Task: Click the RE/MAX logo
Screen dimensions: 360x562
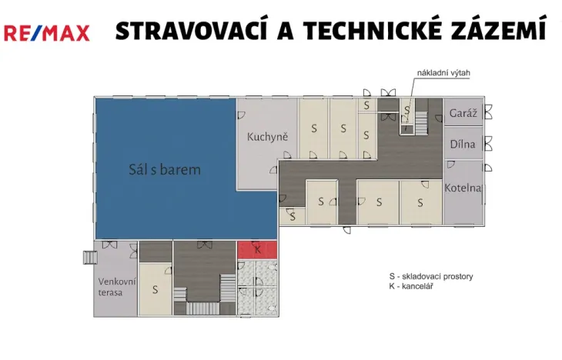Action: pos(46,32)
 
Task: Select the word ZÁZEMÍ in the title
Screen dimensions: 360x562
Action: pos(503,31)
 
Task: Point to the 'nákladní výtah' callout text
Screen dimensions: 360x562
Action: pos(443,73)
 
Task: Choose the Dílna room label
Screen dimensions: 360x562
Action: pos(463,144)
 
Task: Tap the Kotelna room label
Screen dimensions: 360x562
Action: pos(463,188)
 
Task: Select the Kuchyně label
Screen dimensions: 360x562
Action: pos(267,138)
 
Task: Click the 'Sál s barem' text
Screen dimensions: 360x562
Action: pos(165,169)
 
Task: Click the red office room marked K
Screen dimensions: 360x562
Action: pos(257,250)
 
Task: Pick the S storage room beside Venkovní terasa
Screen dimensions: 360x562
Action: pos(155,289)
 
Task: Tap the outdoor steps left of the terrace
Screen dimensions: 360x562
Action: pos(87,257)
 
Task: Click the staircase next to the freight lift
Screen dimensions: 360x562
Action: pos(421,120)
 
